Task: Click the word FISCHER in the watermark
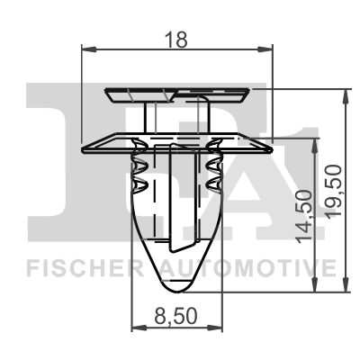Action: tap(86, 268)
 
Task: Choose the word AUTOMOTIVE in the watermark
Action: tap(250, 268)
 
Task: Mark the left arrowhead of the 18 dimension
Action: tap(85, 49)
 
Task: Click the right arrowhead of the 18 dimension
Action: tap(272, 49)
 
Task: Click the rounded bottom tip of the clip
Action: tap(177, 286)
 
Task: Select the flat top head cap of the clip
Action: tap(177, 92)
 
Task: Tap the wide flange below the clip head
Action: tap(177, 140)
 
